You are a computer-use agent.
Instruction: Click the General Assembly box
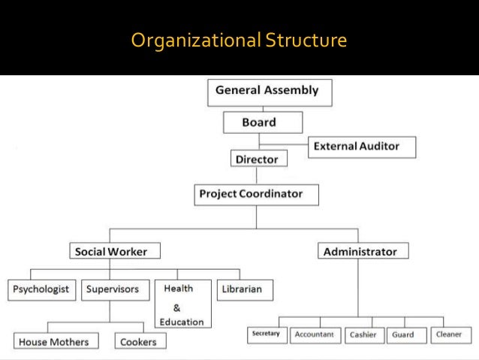tap(268, 91)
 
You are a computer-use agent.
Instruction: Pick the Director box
tap(257, 159)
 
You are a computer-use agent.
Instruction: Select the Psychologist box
tap(42, 289)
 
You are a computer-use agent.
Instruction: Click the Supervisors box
tap(112, 289)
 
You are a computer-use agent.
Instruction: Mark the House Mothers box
tap(54, 342)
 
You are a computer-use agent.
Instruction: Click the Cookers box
tap(139, 342)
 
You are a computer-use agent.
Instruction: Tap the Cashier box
tap(364, 334)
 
